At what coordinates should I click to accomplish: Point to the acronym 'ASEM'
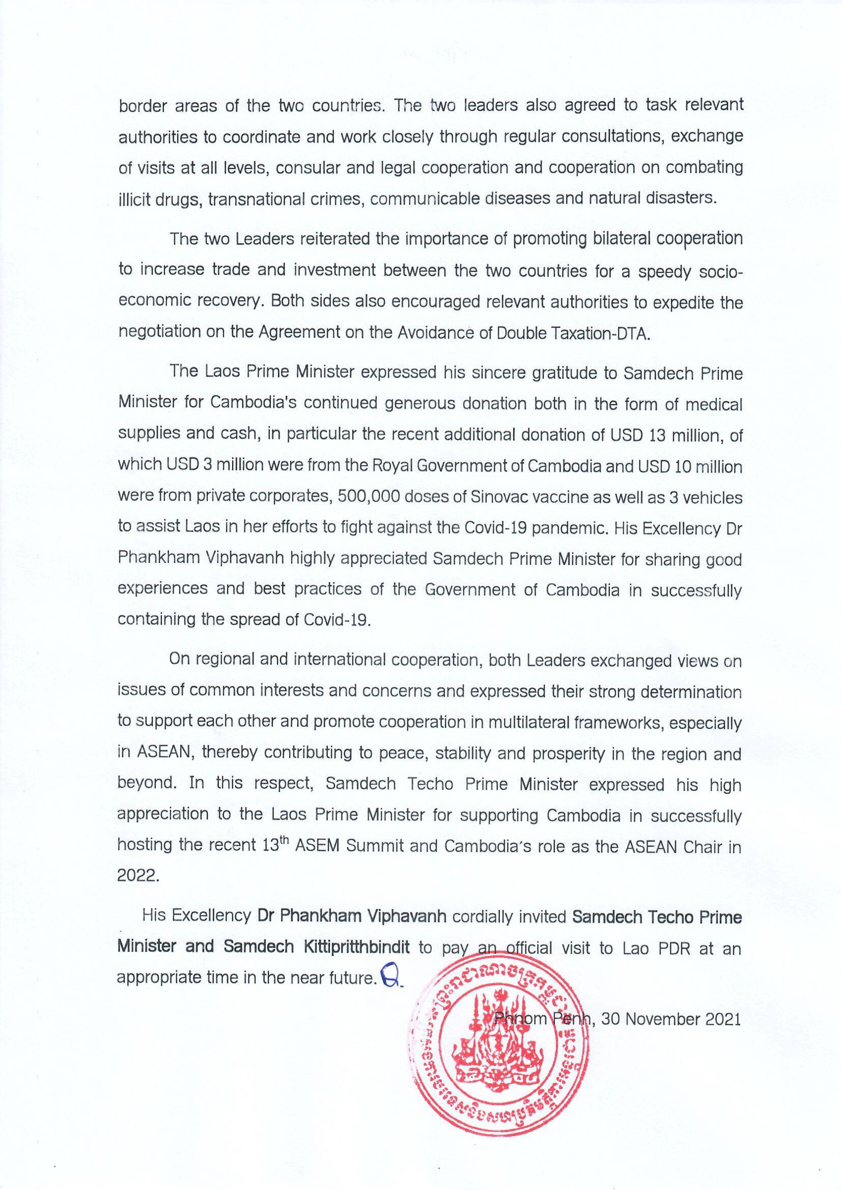point(318,847)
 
